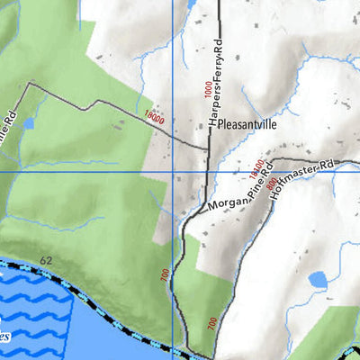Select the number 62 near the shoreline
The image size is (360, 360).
pyautogui.click(x=45, y=260)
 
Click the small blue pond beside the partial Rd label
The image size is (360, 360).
pyautogui.click(x=27, y=122)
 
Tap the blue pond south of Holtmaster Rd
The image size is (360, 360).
pyautogui.click(x=317, y=280)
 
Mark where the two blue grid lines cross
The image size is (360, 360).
pyautogui.click(x=172, y=171)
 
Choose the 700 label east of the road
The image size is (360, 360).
pyautogui.click(x=211, y=322)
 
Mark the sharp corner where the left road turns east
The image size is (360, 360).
pyautogui.click(x=29, y=84)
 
